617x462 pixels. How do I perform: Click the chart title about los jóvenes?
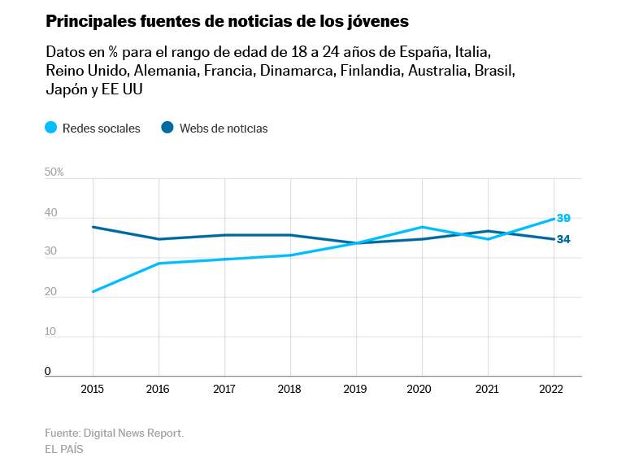click(227, 20)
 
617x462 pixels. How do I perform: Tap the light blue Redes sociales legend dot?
click(51, 128)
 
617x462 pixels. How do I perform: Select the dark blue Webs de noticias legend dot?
click(168, 128)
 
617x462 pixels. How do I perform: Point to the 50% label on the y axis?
click(54, 172)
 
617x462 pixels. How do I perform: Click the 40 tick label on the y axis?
click(51, 212)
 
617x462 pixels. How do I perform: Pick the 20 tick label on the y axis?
click(51, 292)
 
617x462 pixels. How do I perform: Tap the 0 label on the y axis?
click(48, 371)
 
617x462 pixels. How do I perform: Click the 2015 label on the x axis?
click(93, 390)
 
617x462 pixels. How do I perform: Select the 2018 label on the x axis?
click(290, 390)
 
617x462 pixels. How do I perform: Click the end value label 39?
click(563, 218)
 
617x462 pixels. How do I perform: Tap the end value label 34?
click(563, 239)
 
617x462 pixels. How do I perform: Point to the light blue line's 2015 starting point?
click(93, 291)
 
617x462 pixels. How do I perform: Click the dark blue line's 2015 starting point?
click(93, 227)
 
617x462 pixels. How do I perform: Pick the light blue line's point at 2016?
click(159, 264)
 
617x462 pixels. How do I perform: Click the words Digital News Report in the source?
click(133, 433)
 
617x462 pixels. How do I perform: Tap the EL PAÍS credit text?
click(64, 449)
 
